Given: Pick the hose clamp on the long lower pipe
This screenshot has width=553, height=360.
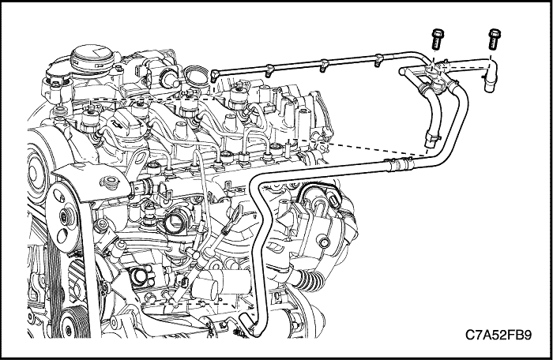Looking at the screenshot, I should point(391,164).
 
